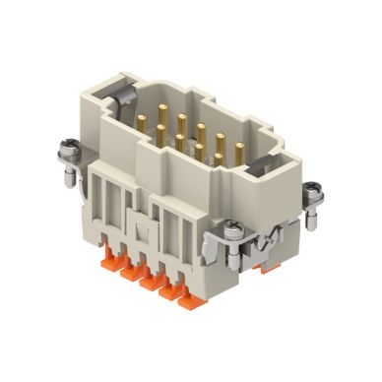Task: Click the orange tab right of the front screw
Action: click(x=257, y=265)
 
